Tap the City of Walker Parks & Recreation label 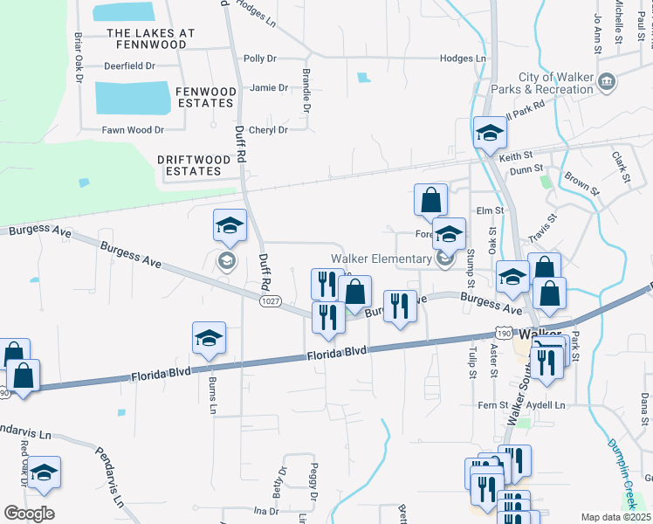[556, 83]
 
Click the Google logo [29, 514]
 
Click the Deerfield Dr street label [128, 65]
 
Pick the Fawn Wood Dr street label [134, 130]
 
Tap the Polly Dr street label [260, 59]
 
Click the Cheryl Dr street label [269, 130]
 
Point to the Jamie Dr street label [268, 87]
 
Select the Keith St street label [515, 156]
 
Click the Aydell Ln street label [546, 405]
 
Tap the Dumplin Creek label [626, 472]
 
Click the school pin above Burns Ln [210, 340]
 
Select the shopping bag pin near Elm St [430, 201]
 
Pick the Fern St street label [488, 404]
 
